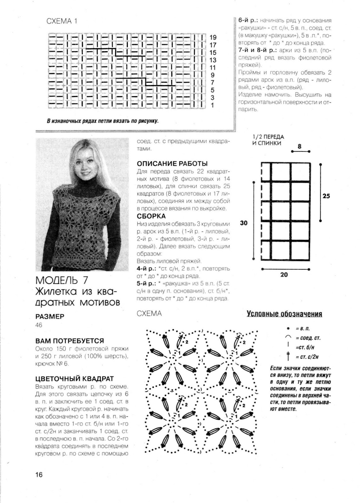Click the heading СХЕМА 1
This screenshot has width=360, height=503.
(62, 21)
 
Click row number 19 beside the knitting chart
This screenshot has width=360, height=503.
(213, 37)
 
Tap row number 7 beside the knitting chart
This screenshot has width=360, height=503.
(213, 83)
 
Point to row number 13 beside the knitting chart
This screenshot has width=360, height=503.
(213, 60)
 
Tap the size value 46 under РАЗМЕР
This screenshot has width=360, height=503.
(39, 325)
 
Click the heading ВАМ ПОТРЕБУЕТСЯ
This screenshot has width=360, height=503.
(70, 341)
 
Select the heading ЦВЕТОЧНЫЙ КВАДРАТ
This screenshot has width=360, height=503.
(75, 379)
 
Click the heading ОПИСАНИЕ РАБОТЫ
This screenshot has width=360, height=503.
(172, 164)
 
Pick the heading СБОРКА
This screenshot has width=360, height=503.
(151, 216)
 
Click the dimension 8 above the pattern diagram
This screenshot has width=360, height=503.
(299, 146)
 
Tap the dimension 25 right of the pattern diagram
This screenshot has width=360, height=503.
(326, 196)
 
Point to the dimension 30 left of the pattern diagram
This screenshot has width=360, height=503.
(244, 223)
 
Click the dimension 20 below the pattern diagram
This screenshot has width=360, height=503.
(284, 274)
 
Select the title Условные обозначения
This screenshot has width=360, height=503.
(284, 314)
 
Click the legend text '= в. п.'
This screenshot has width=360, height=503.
(303, 329)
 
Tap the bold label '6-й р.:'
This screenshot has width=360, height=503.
(249, 20)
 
